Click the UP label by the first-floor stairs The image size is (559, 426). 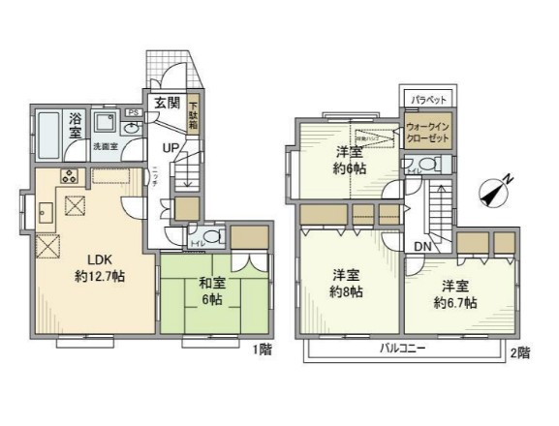(x=170, y=148)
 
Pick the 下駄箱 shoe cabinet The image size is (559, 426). (x=194, y=115)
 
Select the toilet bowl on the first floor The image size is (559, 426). (x=212, y=235)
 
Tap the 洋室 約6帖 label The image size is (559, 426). (x=350, y=160)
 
